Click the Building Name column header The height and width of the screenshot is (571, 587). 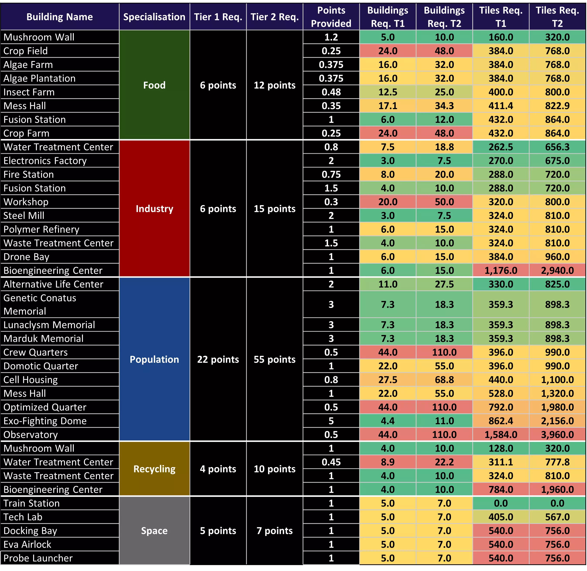coord(60,17)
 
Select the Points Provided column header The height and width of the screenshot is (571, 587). coord(331,17)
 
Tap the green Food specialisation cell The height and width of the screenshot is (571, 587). coord(154,85)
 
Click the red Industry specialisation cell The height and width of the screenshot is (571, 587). coord(154,209)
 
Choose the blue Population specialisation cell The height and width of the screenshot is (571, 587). coord(154,359)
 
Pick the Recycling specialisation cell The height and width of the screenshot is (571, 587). coord(154,469)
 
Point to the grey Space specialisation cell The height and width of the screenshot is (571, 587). coord(154,530)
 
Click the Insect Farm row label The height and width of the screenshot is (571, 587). coord(29,92)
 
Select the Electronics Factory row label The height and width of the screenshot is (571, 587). coord(45,161)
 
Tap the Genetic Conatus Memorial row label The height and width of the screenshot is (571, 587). coord(40,304)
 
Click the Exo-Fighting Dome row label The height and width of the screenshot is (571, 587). coord(45,421)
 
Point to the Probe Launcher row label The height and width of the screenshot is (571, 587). coord(38,558)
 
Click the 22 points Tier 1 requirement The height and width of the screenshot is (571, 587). coord(218,359)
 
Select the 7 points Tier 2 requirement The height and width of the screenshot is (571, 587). coord(275,530)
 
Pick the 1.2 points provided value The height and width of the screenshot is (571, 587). coord(331,37)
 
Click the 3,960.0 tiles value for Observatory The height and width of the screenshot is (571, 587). coord(557,434)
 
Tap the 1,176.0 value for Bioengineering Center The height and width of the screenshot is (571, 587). coord(501,270)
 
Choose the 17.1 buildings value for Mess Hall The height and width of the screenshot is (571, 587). coord(388,106)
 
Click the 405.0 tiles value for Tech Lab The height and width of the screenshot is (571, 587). coord(501,517)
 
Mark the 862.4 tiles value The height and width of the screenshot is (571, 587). coord(501,421)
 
